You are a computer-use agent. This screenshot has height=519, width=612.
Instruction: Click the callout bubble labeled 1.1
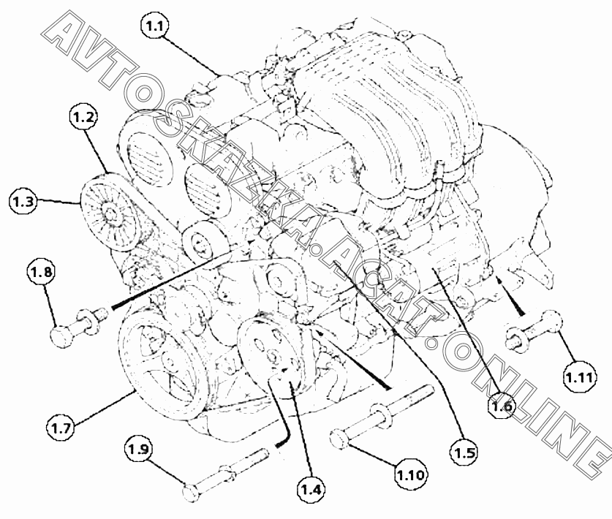(x=155, y=26)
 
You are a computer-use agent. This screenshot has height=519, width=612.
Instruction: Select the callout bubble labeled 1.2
(x=83, y=117)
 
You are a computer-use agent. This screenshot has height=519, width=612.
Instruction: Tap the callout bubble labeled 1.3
(x=23, y=201)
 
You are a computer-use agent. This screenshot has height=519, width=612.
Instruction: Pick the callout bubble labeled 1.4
(x=312, y=488)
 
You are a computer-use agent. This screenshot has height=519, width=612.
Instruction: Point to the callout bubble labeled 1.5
(x=464, y=452)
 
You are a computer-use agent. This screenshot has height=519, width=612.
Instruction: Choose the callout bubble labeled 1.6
(x=502, y=406)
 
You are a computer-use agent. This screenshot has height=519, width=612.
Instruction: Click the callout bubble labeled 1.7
(x=61, y=428)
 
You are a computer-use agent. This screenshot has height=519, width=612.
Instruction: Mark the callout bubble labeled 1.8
(x=42, y=271)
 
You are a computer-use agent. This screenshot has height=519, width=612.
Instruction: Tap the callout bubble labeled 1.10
(x=411, y=474)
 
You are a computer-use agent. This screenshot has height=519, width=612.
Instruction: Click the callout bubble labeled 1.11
(x=580, y=376)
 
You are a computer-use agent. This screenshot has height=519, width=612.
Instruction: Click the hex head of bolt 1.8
(x=61, y=336)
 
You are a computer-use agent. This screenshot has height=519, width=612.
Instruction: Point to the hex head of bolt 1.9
(x=192, y=492)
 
